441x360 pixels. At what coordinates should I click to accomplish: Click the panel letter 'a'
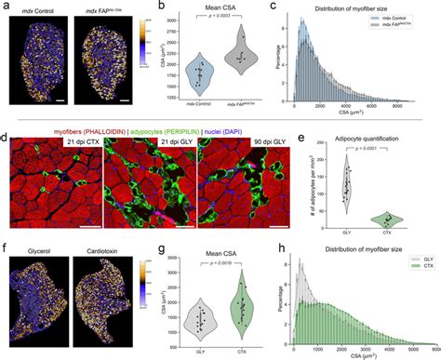pyautogui.click(x=7, y=7)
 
